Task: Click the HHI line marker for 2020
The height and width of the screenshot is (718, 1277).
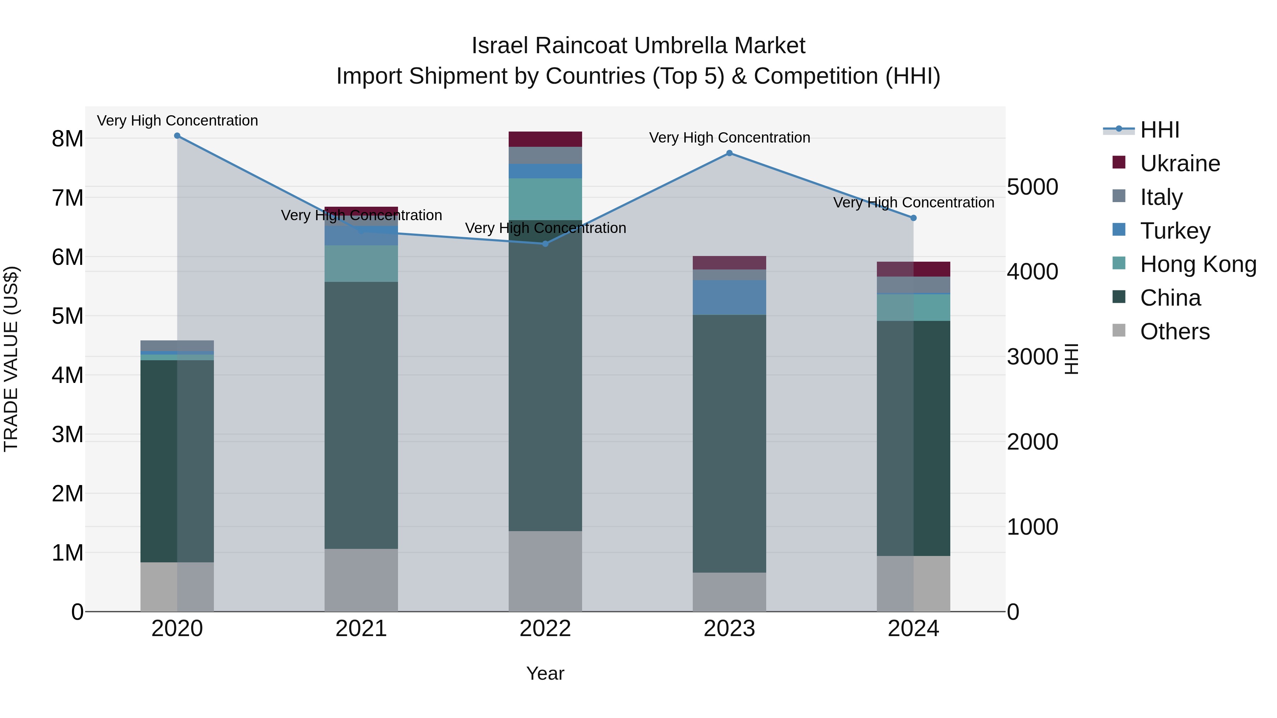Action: tap(177, 136)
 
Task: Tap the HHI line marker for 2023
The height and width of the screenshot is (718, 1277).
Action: tap(729, 153)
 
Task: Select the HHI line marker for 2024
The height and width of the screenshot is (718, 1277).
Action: tap(914, 218)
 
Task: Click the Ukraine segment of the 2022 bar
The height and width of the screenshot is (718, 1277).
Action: tap(545, 139)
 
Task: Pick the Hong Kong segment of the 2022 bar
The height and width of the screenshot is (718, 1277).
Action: tap(545, 199)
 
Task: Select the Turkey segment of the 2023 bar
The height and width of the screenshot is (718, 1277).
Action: tap(729, 297)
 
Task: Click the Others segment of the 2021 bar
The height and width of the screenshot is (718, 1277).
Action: tap(361, 580)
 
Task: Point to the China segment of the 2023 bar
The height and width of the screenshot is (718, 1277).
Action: tap(729, 444)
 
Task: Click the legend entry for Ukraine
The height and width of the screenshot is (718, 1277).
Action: tap(1180, 163)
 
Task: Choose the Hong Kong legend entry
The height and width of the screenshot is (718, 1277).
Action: tap(1198, 264)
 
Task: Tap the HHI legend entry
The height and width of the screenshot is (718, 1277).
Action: tap(1159, 130)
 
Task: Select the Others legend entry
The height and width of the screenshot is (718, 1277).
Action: tap(1174, 332)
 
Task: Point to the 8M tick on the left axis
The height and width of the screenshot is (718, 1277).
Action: tap(67, 139)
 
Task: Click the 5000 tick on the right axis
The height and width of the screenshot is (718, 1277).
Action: tap(1033, 187)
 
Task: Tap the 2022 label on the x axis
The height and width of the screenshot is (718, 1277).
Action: tap(545, 629)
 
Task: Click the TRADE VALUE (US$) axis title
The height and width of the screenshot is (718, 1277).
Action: tap(11, 359)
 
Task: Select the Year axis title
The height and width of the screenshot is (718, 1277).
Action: tap(545, 673)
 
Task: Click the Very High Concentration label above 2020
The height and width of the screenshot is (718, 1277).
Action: tap(177, 121)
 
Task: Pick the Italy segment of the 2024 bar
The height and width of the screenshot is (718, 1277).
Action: tap(914, 285)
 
